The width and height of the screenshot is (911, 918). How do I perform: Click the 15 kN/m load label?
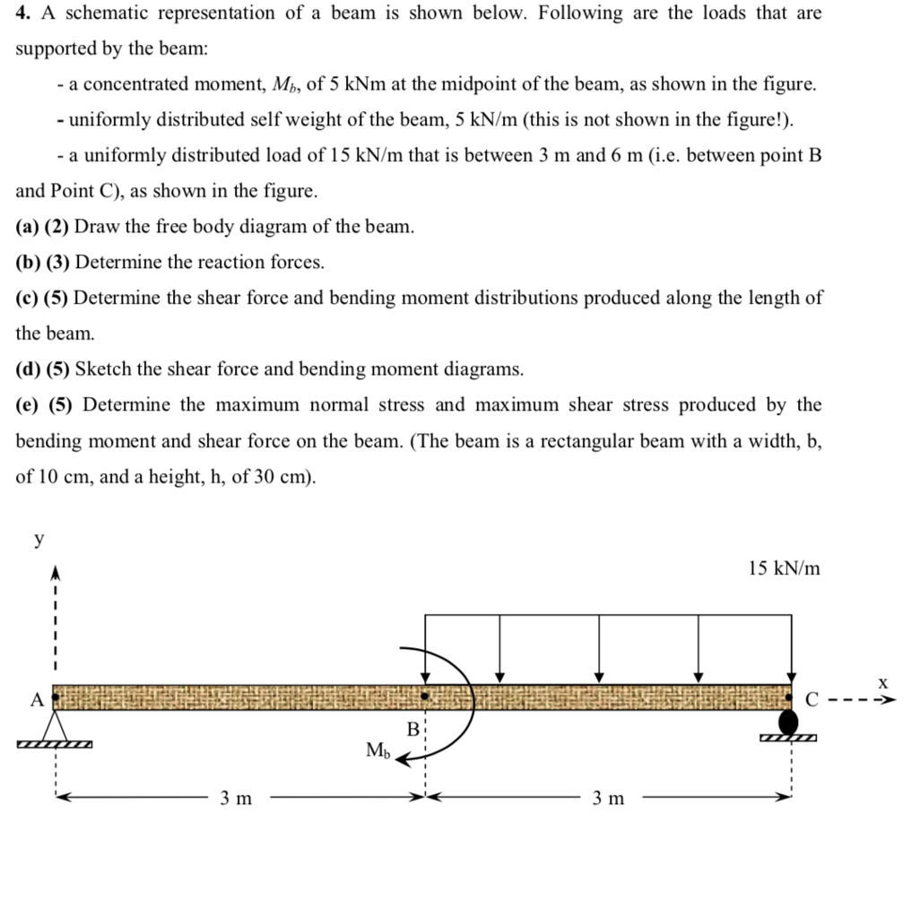783,568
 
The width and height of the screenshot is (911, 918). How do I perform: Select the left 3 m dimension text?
236,798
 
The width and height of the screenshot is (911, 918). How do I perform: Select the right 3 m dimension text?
608,798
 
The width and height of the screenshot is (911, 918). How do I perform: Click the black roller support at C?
788,721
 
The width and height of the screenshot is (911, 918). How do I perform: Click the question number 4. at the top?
24,13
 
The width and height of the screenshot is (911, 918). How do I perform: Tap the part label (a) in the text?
28,227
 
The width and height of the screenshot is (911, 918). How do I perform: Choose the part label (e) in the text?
28,405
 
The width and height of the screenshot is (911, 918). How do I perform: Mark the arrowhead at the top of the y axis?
55,573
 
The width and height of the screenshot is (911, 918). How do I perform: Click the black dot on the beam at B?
425,695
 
